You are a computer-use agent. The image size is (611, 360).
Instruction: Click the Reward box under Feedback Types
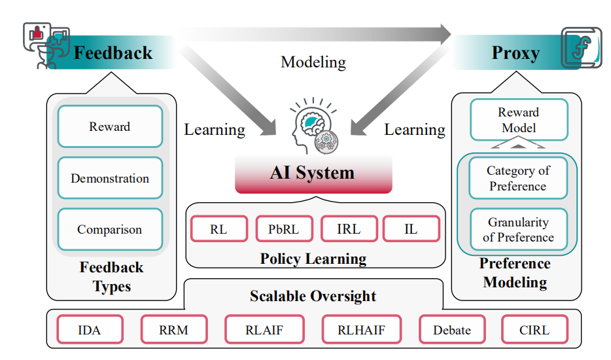[110, 126]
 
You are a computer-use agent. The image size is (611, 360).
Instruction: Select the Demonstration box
[110, 178]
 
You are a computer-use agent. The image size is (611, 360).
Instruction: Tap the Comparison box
[110, 230]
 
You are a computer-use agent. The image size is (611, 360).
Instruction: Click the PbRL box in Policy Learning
[284, 229]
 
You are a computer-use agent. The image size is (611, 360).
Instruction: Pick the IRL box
[349, 229]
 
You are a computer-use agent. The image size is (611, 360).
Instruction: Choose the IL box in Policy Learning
[411, 229]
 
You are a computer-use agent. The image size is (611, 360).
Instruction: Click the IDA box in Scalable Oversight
[89, 329]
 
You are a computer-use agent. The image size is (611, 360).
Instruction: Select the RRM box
[174, 329]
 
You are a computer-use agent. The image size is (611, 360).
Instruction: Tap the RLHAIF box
[362, 329]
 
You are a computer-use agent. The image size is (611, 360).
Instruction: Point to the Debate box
[451, 329]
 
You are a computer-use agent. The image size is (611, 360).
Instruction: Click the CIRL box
[534, 329]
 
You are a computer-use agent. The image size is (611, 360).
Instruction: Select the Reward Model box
[519, 120]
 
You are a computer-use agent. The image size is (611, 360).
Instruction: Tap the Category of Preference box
[518, 179]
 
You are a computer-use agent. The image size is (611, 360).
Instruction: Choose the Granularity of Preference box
[518, 230]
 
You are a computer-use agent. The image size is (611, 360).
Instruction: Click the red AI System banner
[313, 173]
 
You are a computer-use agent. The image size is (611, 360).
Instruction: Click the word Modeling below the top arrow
[313, 62]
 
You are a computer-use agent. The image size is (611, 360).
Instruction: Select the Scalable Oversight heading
[313, 296]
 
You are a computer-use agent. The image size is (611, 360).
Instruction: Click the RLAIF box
[264, 329]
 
